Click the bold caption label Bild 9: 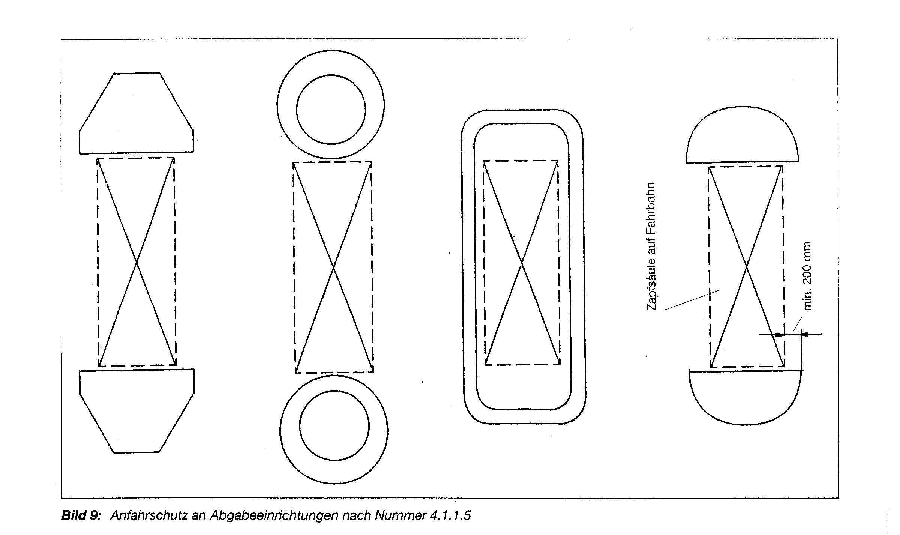[81, 515]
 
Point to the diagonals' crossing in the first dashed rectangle [136, 262]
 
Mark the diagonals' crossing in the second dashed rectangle [333, 267]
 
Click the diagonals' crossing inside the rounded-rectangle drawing [522, 263]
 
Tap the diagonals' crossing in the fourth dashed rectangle [746, 267]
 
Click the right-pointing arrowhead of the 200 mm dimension [780, 334]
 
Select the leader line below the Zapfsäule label [692, 300]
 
